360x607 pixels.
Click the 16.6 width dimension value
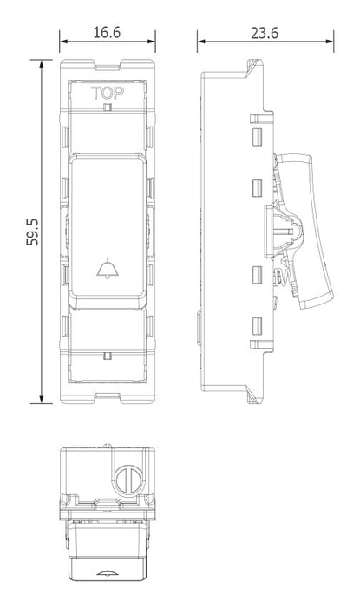[107, 33]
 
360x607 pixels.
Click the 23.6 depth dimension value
[265, 33]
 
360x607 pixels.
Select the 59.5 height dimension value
[33, 232]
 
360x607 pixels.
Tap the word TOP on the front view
[108, 94]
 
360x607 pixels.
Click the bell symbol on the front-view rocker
[108, 268]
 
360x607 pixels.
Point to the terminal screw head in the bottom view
[128, 480]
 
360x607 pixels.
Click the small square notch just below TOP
[108, 108]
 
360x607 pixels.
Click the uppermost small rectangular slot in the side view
[257, 137]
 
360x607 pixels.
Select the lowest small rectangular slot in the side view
[257, 326]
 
